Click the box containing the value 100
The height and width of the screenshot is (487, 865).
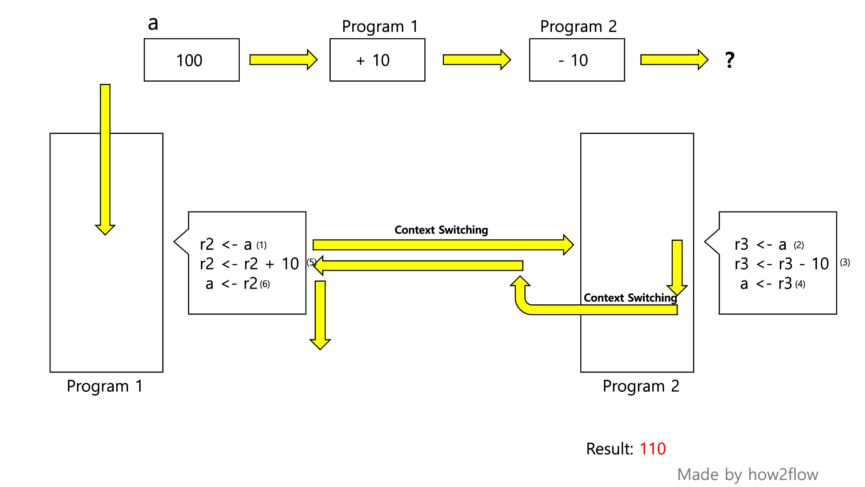coord(191,60)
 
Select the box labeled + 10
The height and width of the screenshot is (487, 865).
coord(377,60)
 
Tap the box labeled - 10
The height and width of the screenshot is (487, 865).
coord(577,60)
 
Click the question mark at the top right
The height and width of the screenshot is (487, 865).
coord(730,60)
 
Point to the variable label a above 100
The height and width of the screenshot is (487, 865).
coord(153,23)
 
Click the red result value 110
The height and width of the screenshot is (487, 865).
coord(652,449)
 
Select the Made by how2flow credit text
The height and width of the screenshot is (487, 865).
coord(747,474)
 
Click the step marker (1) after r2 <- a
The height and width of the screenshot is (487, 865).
coord(262,245)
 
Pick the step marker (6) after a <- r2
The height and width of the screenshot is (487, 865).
coord(265,284)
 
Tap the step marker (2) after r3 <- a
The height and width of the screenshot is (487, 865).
coord(799,245)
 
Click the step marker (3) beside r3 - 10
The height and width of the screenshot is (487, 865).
coord(845,262)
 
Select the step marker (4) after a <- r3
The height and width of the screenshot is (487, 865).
coord(800,284)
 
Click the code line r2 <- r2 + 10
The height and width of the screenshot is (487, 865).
coord(249,264)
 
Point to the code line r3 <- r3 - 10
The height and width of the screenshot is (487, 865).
coord(781,264)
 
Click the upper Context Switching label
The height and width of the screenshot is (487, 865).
coord(441,230)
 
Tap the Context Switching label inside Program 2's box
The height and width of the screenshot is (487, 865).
coord(630,298)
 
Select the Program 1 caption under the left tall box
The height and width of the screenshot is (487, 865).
coord(105,386)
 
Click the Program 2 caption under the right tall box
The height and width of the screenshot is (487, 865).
coord(641,386)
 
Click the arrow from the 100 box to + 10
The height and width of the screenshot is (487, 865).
coord(283,60)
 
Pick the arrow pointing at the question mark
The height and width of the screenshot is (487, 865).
coord(674,60)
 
